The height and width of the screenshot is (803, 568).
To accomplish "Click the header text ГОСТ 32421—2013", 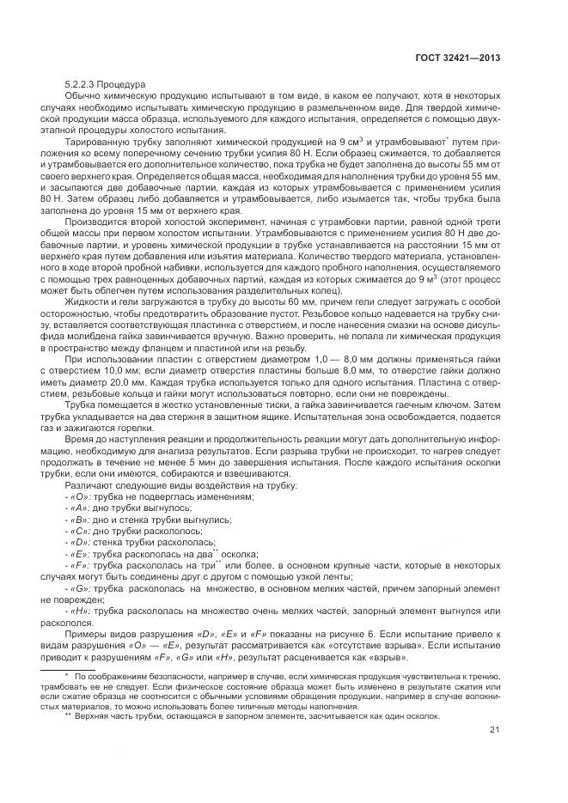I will tap(457, 58).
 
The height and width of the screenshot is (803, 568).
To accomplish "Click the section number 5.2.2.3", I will tap(82, 84).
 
